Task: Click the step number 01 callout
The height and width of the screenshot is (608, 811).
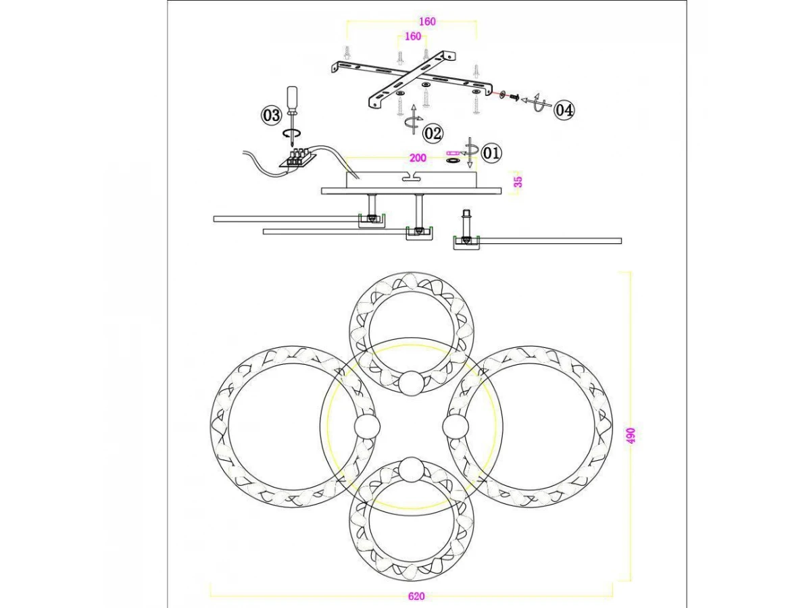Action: click(x=491, y=153)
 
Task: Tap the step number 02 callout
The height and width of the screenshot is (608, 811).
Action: click(x=433, y=133)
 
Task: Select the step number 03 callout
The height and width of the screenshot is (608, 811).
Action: click(x=271, y=115)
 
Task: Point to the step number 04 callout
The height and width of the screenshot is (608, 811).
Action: click(x=564, y=110)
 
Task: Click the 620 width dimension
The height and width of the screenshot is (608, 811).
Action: click(x=416, y=597)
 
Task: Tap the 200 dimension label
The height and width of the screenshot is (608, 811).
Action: click(x=418, y=158)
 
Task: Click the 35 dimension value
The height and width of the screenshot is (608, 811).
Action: click(x=518, y=182)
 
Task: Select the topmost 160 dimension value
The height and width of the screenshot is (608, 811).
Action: click(x=427, y=22)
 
